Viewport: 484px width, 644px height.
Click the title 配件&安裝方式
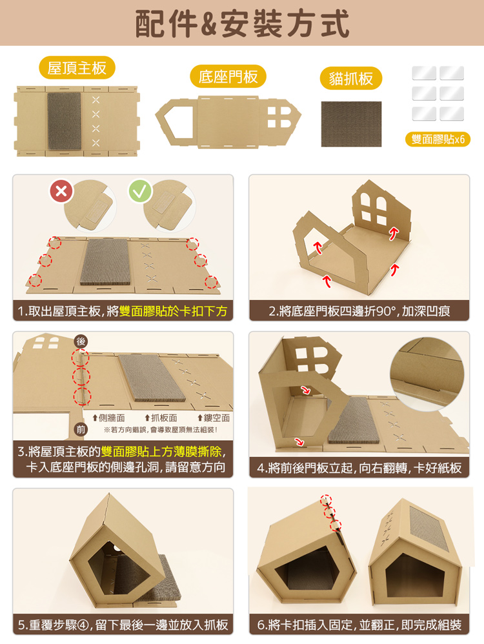click(243, 23)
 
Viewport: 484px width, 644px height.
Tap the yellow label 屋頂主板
click(77, 68)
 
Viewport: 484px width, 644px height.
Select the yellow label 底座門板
click(228, 76)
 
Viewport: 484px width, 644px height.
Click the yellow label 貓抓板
click(351, 78)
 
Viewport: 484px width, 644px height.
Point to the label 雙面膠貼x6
click(438, 139)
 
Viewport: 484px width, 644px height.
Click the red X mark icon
click(61, 191)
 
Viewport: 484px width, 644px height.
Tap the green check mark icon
click(140, 191)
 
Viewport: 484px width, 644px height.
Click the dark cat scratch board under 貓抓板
click(351, 124)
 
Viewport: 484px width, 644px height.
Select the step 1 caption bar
click(123, 311)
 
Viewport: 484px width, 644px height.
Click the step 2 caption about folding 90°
click(359, 311)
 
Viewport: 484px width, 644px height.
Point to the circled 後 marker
click(81, 341)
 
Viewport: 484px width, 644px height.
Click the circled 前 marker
click(81, 430)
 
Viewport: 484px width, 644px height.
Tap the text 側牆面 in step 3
click(109, 418)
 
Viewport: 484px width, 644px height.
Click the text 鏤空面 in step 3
click(214, 418)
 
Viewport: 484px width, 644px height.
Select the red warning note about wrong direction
click(161, 430)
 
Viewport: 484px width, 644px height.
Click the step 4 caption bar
click(359, 468)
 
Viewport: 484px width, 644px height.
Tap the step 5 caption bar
click(123, 625)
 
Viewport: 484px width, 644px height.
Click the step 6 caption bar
click(359, 625)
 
